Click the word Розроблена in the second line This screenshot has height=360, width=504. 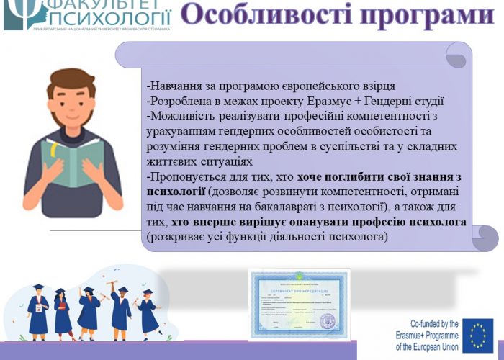pyautogui.click(x=176, y=102)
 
